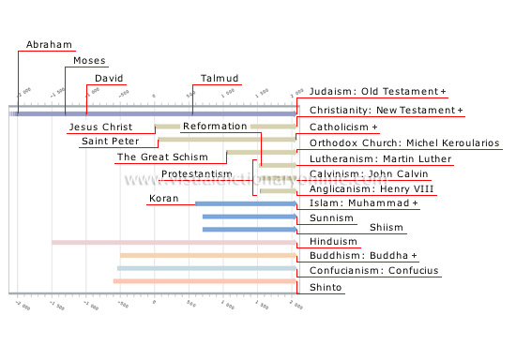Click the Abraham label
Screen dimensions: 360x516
click(x=45, y=44)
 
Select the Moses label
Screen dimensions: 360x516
click(x=90, y=61)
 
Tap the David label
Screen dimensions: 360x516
click(x=110, y=78)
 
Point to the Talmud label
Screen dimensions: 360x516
click(x=220, y=78)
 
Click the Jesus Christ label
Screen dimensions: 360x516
click(x=98, y=126)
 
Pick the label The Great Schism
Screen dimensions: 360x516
click(x=155, y=157)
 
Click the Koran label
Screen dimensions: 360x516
click(x=163, y=198)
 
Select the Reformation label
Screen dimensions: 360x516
click(x=214, y=126)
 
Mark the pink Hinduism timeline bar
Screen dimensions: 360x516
click(x=173, y=243)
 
